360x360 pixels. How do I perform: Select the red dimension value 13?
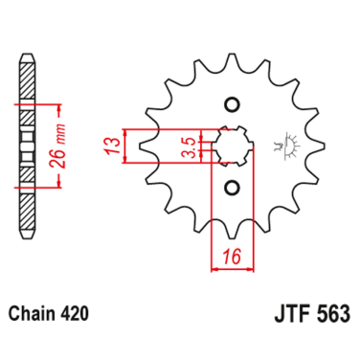click(111, 147)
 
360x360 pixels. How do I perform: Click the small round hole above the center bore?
click(230, 104)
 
